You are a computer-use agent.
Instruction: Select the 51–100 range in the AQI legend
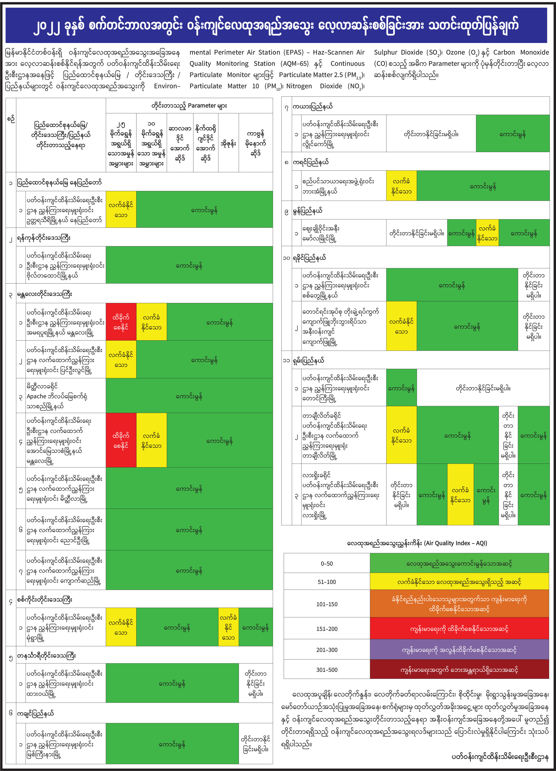pyautogui.click(x=327, y=582)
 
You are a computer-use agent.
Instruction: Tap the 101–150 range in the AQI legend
pyautogui.click(x=327, y=604)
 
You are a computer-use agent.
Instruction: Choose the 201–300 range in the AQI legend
pyautogui.click(x=327, y=650)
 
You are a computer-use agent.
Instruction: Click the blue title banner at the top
pyautogui.click(x=276, y=26)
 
